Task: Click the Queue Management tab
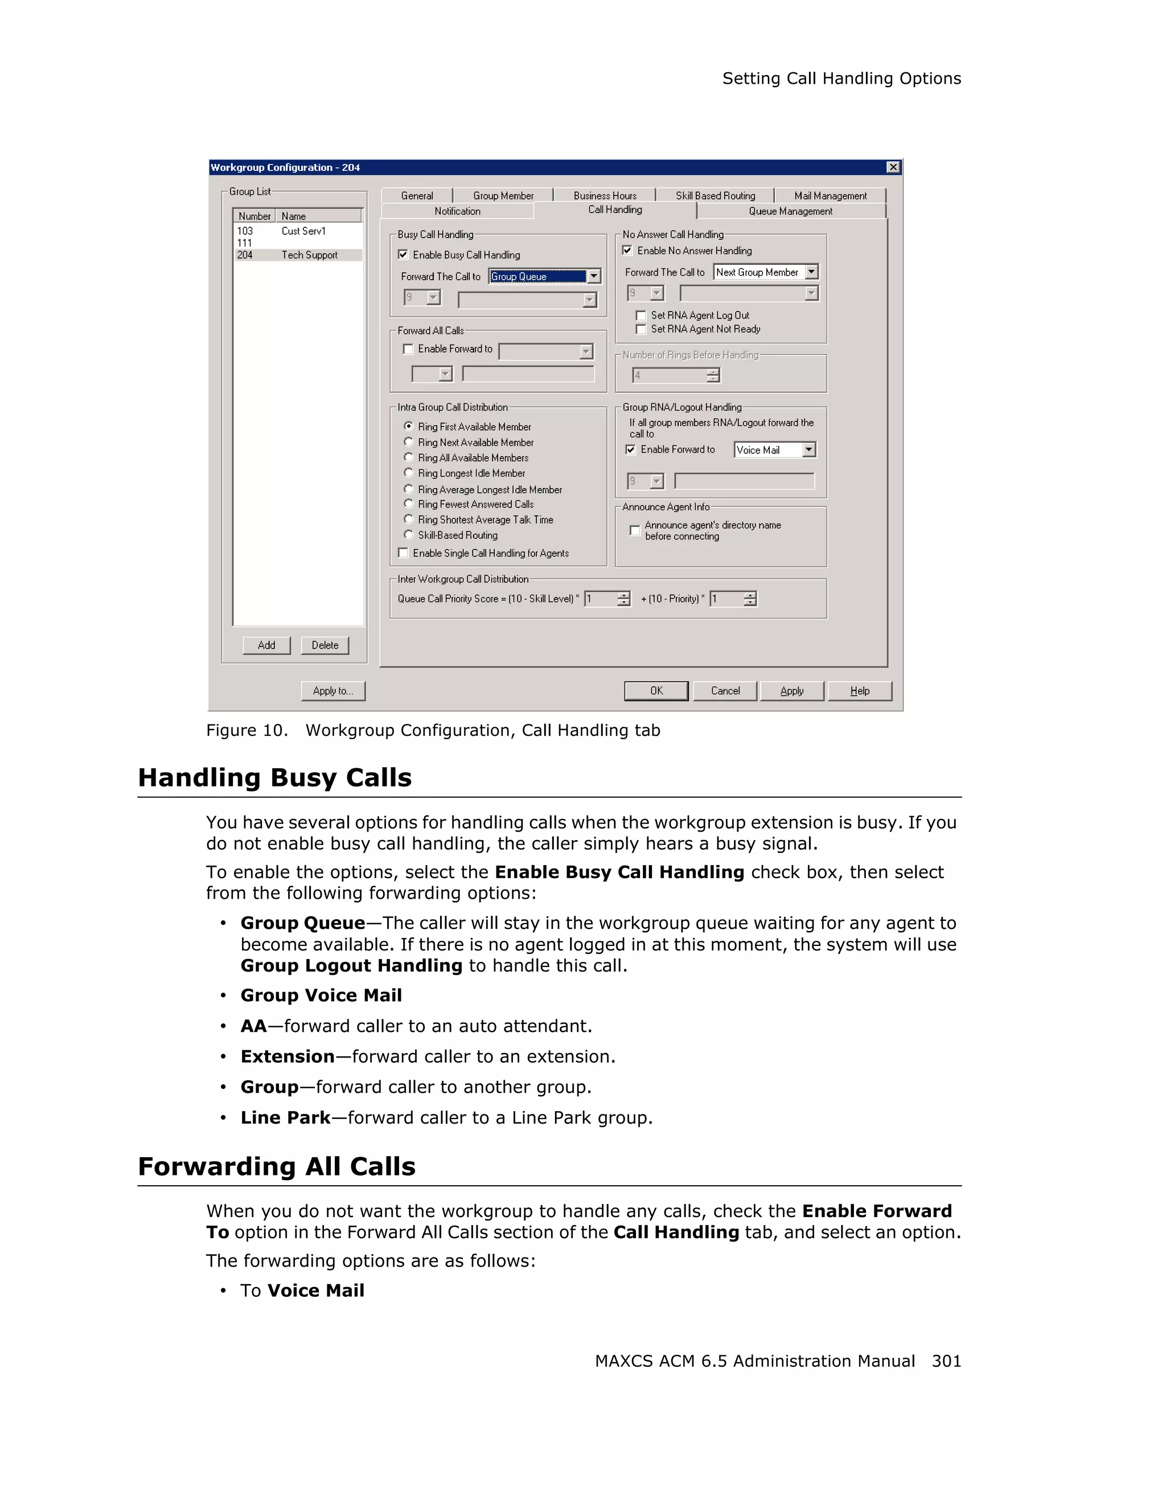(790, 211)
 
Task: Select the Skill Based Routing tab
(715, 196)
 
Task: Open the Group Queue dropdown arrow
(594, 276)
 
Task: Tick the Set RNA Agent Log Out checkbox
(641, 315)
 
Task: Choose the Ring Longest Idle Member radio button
(408, 473)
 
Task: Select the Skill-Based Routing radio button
(408, 534)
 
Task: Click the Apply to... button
(333, 691)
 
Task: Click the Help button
(860, 691)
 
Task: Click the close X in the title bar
(893, 167)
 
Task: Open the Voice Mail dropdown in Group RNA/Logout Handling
(809, 450)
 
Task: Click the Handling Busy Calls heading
(275, 777)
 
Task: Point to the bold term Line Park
(285, 1117)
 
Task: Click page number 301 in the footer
(946, 1361)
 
